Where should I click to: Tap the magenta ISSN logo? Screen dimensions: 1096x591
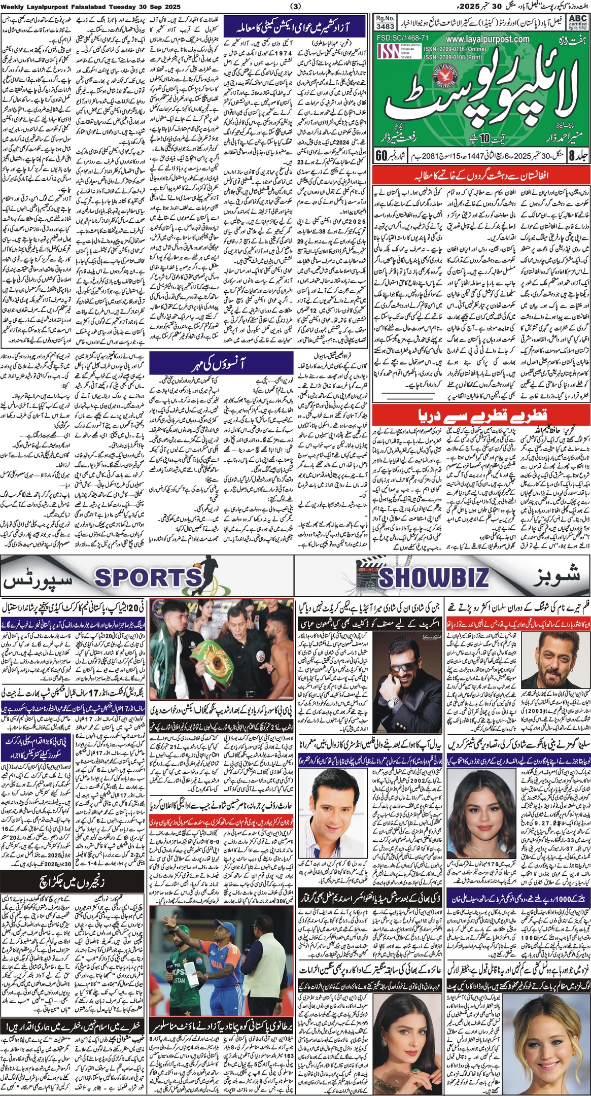click(x=390, y=52)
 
